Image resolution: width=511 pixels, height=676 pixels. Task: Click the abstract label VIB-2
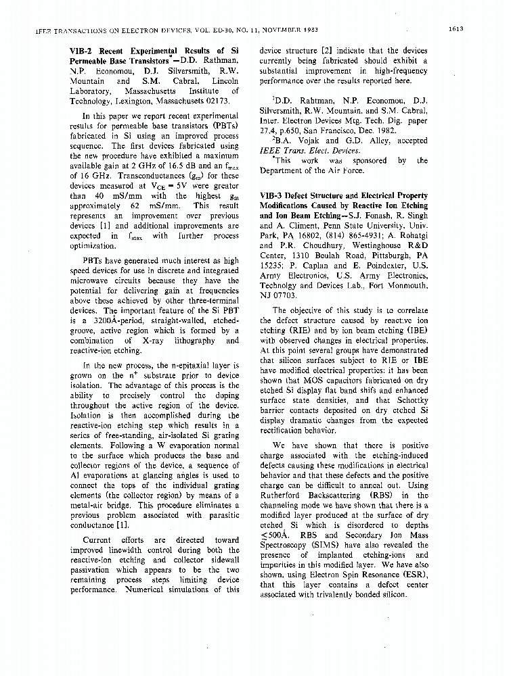click(83, 51)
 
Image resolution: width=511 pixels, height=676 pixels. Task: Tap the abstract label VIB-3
click(272, 195)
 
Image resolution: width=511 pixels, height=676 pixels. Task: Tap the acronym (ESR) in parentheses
click(415, 575)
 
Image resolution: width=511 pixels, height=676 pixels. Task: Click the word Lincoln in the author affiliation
click(223, 80)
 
